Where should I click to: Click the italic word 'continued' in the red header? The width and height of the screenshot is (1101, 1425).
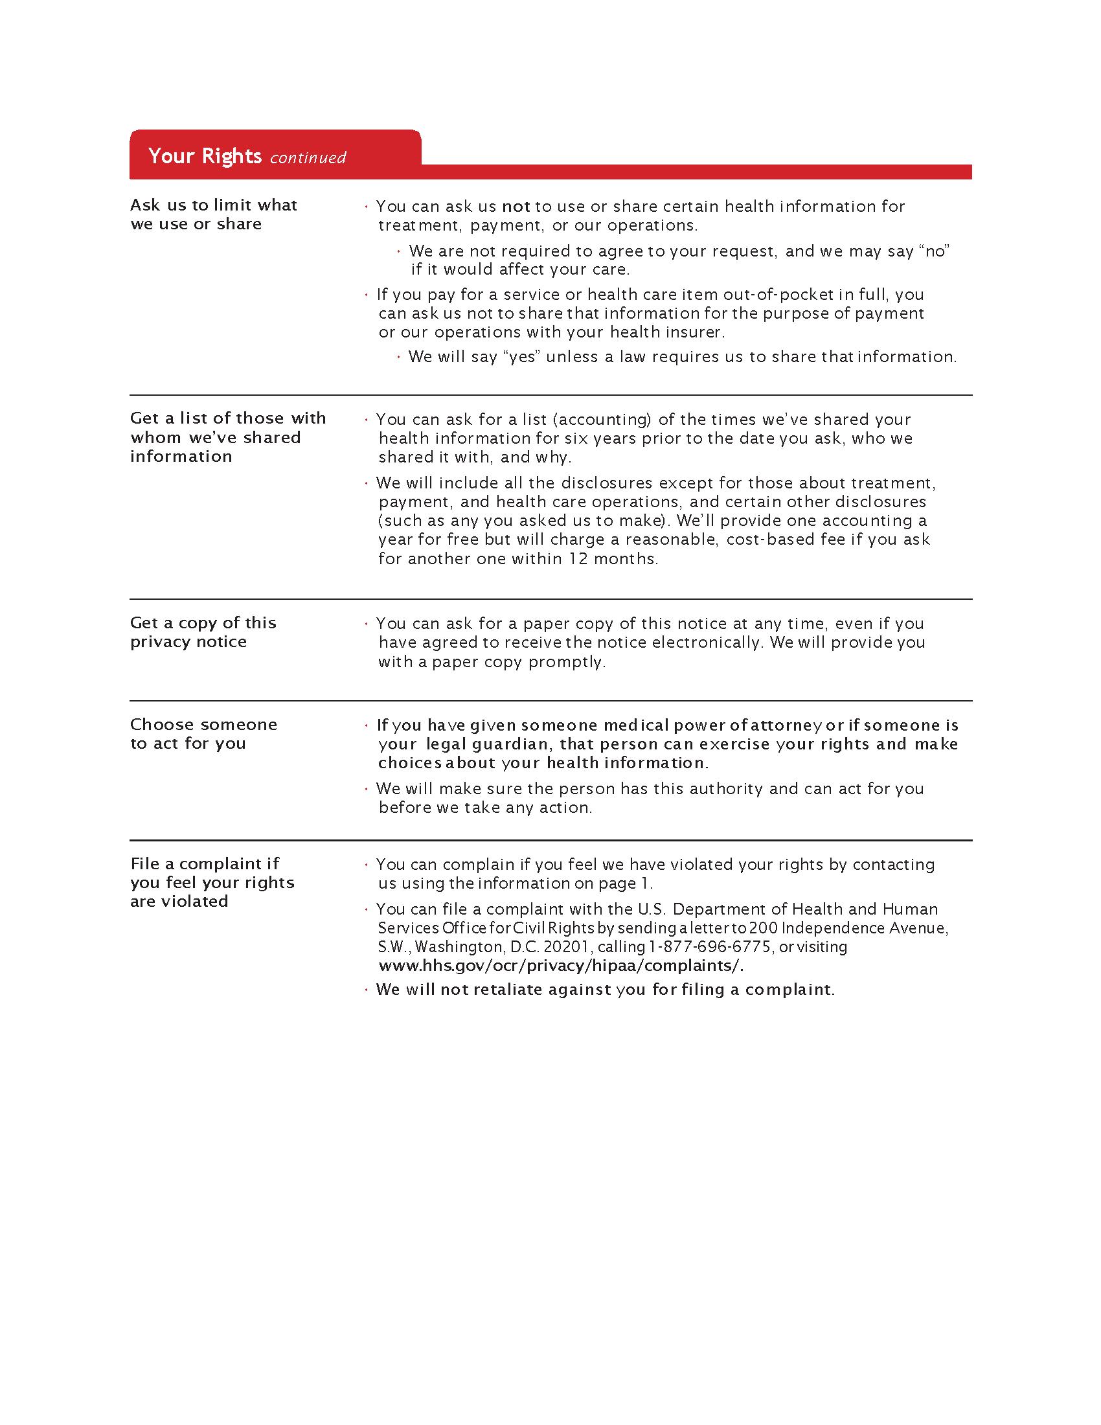coord(308,158)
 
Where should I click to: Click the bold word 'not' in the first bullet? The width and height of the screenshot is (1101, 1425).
coord(516,207)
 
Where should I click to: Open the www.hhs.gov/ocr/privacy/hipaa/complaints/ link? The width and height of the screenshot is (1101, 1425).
coord(561,966)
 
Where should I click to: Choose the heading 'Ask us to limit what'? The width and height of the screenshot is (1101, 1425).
coord(213,205)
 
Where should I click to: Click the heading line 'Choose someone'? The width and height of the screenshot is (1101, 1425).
coord(203,725)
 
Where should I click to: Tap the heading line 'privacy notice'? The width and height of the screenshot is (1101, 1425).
coord(188,642)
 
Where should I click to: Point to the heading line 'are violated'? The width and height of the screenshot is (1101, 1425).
coord(179,902)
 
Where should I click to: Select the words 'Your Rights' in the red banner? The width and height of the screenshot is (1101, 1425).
coord(205,156)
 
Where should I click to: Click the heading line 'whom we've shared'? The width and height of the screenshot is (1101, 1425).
coord(215,438)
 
